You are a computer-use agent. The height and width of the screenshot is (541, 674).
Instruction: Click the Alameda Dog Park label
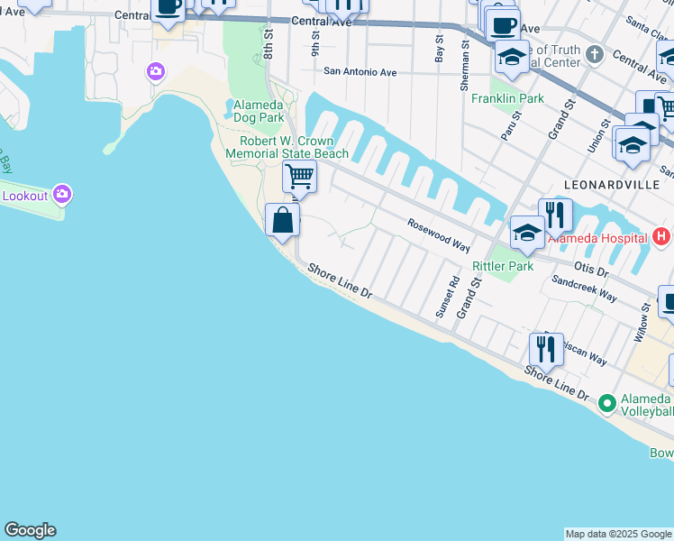[259, 111]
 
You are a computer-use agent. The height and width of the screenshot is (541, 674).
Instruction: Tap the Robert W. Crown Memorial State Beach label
[294, 147]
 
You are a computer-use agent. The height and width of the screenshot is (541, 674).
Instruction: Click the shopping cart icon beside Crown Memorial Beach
[299, 176]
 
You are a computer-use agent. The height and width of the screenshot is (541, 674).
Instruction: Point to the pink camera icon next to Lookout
[62, 194]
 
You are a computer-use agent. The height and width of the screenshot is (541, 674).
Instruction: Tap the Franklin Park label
[507, 98]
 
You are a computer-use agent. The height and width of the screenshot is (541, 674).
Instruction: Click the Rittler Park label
[503, 266]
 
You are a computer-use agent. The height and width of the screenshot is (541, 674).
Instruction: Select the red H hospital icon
[661, 237]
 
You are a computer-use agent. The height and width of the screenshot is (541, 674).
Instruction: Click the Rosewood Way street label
[439, 234]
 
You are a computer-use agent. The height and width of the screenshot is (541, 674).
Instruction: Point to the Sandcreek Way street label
[584, 289]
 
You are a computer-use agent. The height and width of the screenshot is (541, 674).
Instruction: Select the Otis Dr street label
[591, 268]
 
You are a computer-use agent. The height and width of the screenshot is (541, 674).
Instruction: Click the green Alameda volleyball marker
[606, 402]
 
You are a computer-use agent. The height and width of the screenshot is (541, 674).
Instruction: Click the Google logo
[30, 530]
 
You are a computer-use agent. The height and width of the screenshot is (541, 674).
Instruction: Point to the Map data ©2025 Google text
[618, 534]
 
